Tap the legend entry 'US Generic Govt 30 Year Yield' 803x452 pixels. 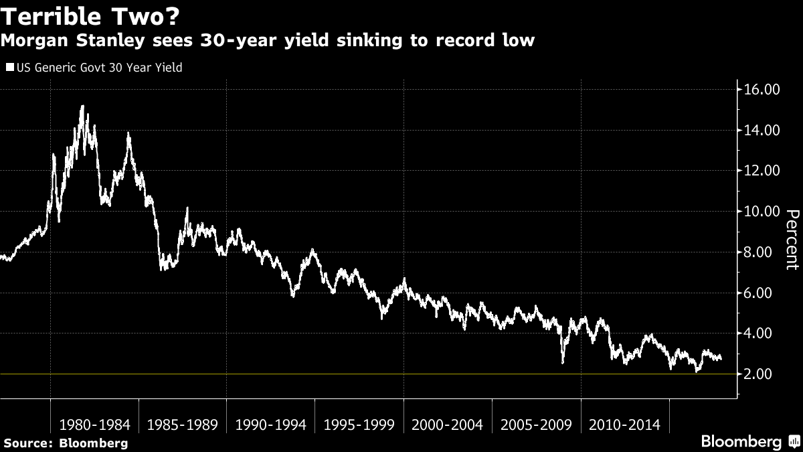pos(94,68)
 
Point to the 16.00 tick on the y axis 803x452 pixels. pos(762,89)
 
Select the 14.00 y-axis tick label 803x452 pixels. pos(762,130)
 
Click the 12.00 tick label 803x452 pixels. pos(762,171)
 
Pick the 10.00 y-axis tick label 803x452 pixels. pos(762,212)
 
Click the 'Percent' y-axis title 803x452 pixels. pos(792,240)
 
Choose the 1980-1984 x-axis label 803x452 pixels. pos(94,425)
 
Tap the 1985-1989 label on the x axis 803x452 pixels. pos(183,425)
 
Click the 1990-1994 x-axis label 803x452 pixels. pos(271,425)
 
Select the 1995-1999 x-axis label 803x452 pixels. pos(359,425)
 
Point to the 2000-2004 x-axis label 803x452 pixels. pos(448,425)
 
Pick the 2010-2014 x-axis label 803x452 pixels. pos(624,425)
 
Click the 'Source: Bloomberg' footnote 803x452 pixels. pos(65,443)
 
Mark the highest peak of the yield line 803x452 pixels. pos(82,106)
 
